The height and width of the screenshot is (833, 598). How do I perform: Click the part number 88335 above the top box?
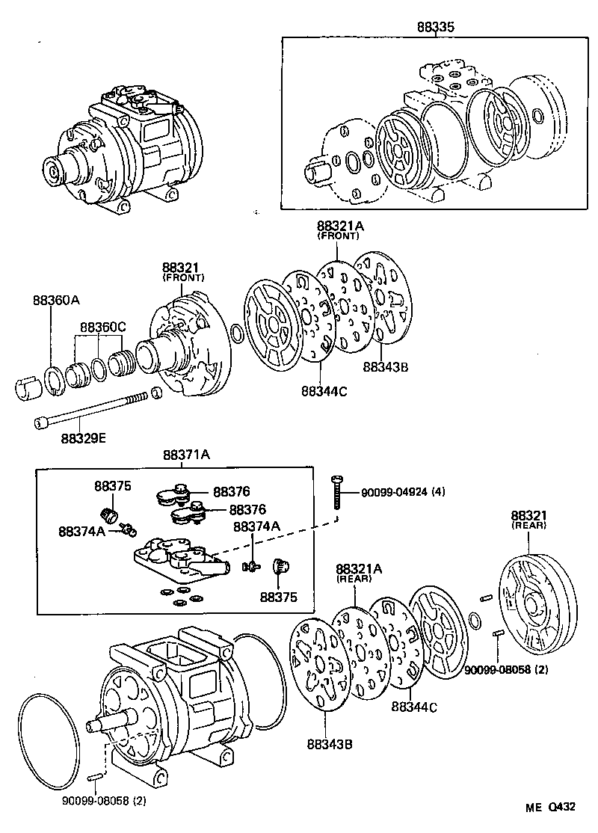(436, 28)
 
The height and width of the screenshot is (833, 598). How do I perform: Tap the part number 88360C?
(103, 328)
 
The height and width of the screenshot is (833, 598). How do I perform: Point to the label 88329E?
(84, 437)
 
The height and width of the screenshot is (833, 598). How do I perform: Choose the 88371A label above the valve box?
(185, 455)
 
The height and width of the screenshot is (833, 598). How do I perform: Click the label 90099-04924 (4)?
(403, 492)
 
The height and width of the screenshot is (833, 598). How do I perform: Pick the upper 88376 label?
(231, 491)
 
